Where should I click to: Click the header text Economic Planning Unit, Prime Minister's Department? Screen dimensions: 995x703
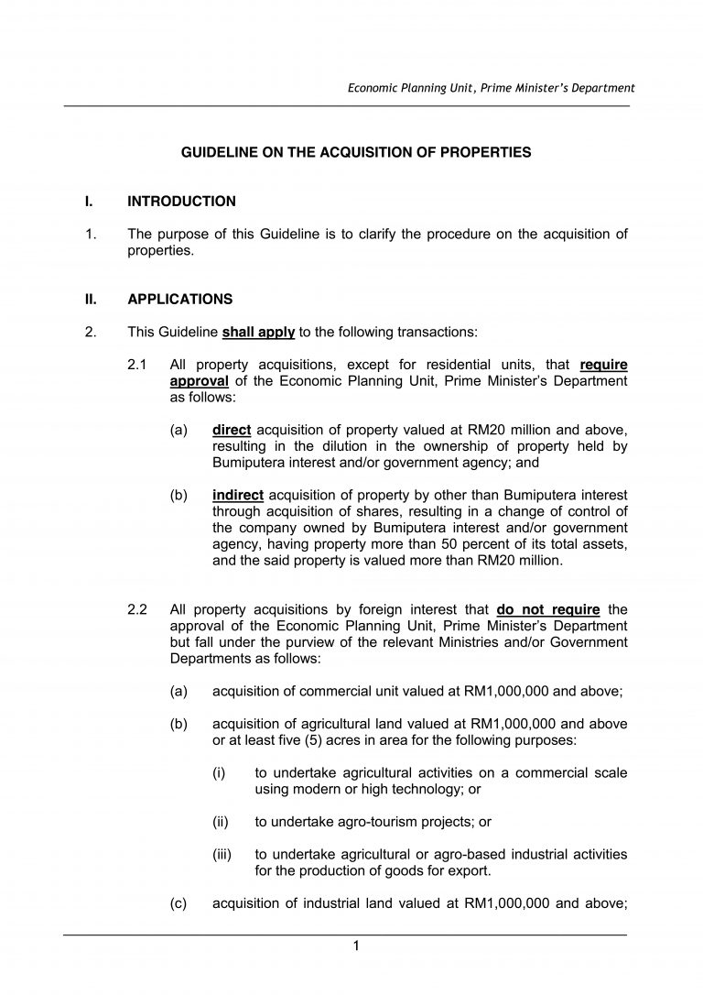click(x=491, y=88)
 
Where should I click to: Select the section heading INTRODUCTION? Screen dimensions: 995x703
click(x=181, y=201)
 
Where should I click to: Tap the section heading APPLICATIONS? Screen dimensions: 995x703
click(x=180, y=299)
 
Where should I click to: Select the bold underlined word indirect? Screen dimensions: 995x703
click(x=237, y=495)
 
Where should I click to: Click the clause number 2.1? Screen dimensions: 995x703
click(x=138, y=365)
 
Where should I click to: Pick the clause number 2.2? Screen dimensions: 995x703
click(x=138, y=608)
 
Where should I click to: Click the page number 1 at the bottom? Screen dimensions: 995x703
click(x=356, y=946)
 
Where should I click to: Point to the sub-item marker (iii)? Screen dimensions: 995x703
click(x=222, y=854)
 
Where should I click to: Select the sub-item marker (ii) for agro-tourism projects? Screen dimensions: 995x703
click(x=220, y=822)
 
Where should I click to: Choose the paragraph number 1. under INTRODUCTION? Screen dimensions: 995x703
click(x=91, y=234)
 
